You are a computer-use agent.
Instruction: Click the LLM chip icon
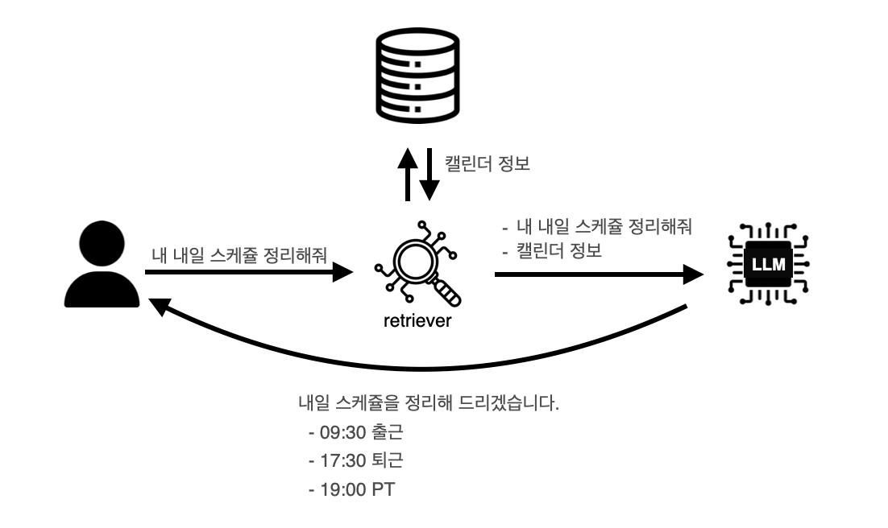pyautogui.click(x=766, y=263)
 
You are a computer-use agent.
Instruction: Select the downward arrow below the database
pyautogui.click(x=429, y=174)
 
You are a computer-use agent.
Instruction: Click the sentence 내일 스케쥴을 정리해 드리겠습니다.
pyautogui.click(x=428, y=403)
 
